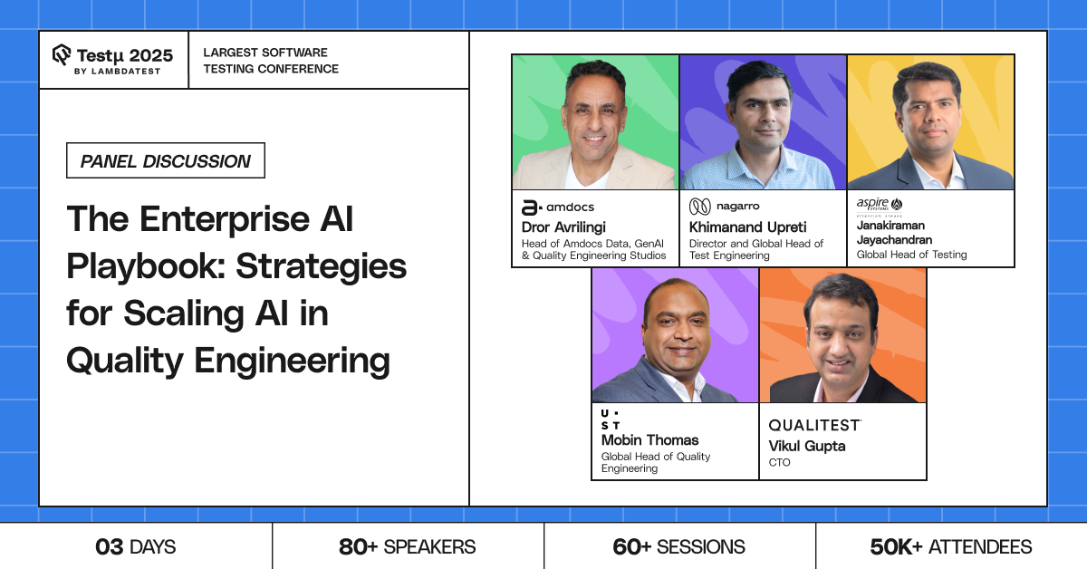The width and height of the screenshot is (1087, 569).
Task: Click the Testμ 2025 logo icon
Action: (62, 54)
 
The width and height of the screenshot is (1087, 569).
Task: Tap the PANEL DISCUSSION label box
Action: (166, 160)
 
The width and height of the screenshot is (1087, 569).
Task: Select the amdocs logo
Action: (558, 207)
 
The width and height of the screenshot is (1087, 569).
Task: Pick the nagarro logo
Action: (724, 207)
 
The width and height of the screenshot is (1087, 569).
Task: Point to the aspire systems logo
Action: (880, 207)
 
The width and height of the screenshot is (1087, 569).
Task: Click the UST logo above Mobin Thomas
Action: (610, 420)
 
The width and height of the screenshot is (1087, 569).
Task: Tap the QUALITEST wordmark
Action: (814, 425)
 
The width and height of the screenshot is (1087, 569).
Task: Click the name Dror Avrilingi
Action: (563, 227)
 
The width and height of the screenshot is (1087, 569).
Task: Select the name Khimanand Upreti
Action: (748, 227)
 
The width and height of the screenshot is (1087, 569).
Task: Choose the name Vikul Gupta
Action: (807, 446)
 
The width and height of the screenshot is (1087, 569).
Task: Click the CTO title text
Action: (779, 463)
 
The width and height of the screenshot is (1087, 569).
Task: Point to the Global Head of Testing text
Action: (911, 255)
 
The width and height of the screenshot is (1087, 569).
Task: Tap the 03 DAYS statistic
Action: (135, 546)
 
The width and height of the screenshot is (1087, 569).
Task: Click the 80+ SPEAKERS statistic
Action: (407, 546)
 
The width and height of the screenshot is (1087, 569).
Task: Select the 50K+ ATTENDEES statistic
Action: (950, 546)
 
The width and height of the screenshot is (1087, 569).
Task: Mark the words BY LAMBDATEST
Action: (117, 72)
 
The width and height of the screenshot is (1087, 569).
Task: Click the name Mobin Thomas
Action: (649, 440)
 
